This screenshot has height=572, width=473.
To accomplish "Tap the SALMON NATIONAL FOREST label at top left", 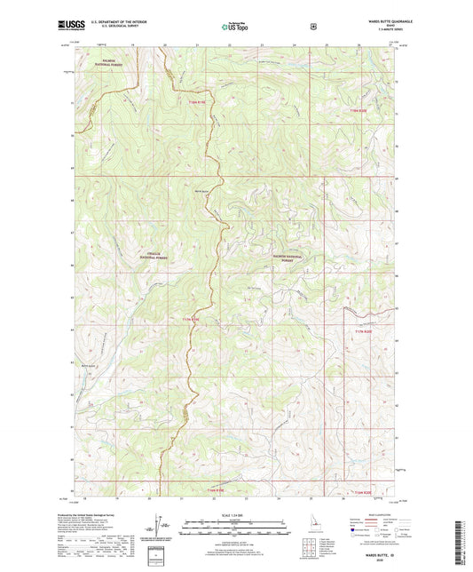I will click(114, 61).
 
